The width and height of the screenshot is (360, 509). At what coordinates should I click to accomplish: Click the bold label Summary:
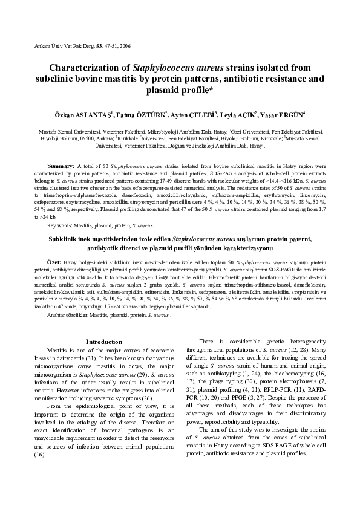pos(60,166)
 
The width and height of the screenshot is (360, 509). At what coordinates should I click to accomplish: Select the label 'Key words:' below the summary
pos(60,225)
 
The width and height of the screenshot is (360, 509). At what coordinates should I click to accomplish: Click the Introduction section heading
pos(104,342)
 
